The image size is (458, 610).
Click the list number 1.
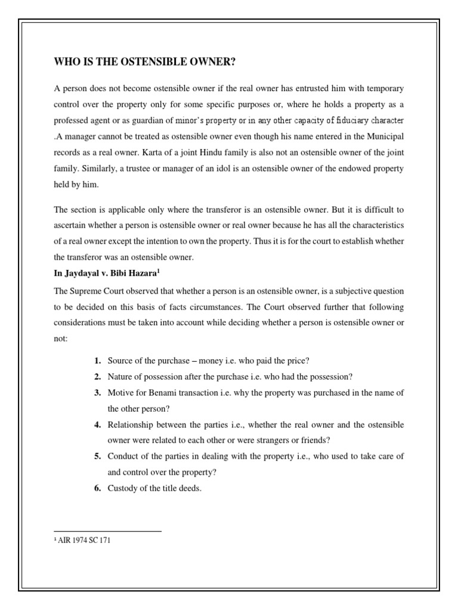[97, 362]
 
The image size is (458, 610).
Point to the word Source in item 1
[121, 362]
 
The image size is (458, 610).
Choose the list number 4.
[97, 424]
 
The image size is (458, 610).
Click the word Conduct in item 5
[123, 456]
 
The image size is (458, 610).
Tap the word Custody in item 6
[123, 487]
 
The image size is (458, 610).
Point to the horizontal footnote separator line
[107, 530]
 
